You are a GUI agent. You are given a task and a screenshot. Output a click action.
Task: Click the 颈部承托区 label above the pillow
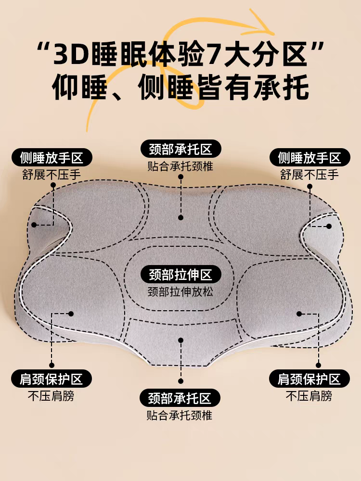(x=180, y=149)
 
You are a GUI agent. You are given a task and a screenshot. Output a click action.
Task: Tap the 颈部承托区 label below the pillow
(x=180, y=398)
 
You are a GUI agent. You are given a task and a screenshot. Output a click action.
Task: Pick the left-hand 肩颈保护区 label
(x=51, y=379)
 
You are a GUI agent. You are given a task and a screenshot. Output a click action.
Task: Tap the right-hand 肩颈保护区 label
(x=309, y=379)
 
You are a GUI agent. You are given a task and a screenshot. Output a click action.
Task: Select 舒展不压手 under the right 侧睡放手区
(x=309, y=175)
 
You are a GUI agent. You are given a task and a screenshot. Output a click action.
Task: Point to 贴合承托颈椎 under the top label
(x=180, y=166)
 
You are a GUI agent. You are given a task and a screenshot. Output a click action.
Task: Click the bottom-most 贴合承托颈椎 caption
(x=180, y=415)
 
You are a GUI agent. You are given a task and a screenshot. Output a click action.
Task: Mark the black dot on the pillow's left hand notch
(x=34, y=225)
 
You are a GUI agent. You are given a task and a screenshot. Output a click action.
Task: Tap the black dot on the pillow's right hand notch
(x=329, y=226)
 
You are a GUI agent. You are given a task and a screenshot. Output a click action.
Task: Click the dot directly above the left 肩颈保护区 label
(x=52, y=365)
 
